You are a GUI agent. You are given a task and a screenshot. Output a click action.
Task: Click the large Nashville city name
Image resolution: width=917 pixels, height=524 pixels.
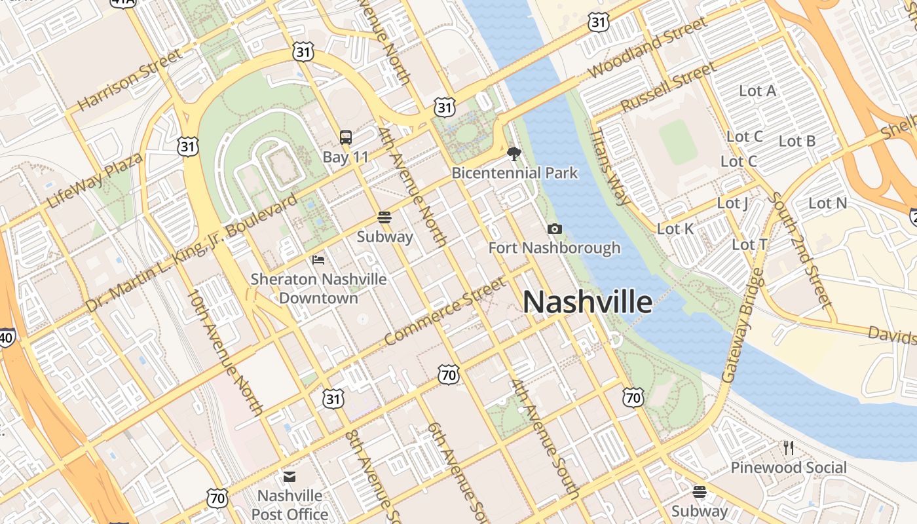click(587, 302)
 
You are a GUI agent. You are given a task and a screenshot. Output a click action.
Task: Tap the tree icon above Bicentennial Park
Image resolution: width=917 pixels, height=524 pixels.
click(514, 154)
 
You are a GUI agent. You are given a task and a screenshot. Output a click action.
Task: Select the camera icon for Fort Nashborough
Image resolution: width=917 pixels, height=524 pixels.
click(554, 229)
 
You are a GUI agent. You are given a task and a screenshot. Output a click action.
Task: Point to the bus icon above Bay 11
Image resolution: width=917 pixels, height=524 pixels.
click(346, 138)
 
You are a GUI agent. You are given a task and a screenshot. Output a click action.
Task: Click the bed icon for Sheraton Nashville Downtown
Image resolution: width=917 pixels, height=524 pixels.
click(318, 259)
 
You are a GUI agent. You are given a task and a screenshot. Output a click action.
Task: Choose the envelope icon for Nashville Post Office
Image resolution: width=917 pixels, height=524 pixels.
click(289, 476)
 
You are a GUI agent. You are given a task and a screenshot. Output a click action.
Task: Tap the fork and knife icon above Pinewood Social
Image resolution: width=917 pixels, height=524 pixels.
click(789, 448)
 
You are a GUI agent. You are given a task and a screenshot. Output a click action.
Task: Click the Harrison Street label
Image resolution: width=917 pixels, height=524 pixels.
click(130, 79)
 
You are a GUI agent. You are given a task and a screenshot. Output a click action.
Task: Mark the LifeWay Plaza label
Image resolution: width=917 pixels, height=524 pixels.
click(95, 181)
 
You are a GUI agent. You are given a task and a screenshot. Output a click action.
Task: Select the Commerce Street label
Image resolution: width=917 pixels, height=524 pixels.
click(445, 310)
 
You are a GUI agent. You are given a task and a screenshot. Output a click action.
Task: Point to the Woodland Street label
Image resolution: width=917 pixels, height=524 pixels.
click(648, 47)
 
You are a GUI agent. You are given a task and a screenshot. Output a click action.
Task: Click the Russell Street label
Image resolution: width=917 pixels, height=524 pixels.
click(668, 87)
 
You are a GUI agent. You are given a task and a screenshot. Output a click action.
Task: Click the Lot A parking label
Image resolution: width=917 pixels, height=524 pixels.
click(757, 91)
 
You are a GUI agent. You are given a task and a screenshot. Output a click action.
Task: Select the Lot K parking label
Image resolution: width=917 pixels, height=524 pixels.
click(675, 229)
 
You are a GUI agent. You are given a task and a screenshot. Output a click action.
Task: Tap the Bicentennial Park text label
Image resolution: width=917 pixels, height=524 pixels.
click(515, 173)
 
